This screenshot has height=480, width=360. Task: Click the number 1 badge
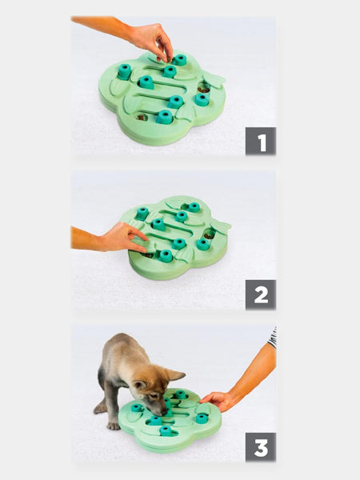coord(261,141)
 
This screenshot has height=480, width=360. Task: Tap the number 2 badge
coord(261,295)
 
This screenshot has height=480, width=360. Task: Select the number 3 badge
coord(261,447)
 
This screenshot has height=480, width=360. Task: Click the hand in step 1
coord(151,40)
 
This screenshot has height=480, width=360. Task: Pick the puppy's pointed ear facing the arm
coord(174,374)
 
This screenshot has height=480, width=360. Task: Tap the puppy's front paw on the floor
coord(113,424)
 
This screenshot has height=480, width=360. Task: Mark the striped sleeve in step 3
coord(272,337)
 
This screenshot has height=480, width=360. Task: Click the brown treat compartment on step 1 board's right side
coord(205,87)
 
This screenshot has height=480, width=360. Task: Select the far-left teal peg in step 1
coord(125,71)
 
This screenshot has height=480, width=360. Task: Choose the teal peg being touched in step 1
coord(179,60)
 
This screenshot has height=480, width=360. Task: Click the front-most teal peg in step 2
coord(166,256)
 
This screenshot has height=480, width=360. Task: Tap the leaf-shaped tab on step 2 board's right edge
coord(221,226)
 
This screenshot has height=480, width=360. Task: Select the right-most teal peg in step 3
coord(202,418)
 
